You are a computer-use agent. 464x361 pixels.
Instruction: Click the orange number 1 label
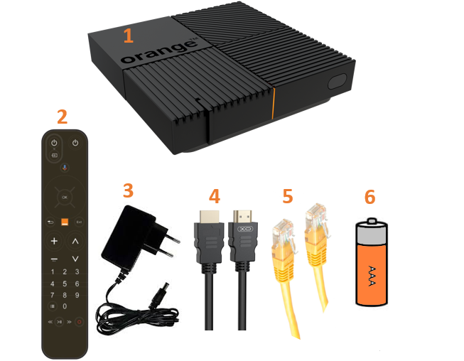click(128, 36)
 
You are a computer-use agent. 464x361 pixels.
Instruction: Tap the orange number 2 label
click(63, 117)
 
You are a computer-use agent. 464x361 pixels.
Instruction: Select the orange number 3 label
click(128, 190)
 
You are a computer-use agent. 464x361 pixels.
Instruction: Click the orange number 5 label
click(287, 196)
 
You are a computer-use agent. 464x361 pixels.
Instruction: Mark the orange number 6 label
click(369, 196)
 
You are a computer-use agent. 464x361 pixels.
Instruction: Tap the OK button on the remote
click(64, 195)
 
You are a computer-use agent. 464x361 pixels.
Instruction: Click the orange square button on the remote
click(64, 222)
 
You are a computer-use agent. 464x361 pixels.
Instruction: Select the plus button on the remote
click(54, 242)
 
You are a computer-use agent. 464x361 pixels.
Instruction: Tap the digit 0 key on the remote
click(65, 306)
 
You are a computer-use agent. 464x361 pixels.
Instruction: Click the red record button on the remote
click(79, 322)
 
